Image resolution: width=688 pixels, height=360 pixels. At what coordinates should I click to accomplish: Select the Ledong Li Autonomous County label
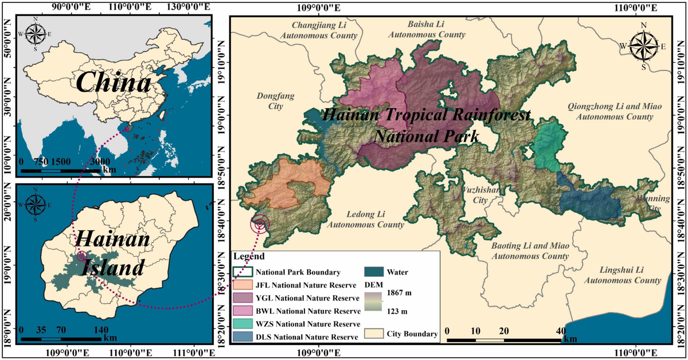tap(365, 220)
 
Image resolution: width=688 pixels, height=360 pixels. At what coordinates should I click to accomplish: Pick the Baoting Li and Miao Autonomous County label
tap(530, 251)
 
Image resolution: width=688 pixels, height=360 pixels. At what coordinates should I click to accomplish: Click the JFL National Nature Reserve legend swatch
tap(243, 285)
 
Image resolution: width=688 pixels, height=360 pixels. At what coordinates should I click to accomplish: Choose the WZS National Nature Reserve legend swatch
tap(243, 324)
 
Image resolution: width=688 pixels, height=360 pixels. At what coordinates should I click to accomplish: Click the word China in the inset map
tap(113, 84)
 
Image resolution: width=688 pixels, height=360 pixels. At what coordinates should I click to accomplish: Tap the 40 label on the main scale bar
tap(561, 331)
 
